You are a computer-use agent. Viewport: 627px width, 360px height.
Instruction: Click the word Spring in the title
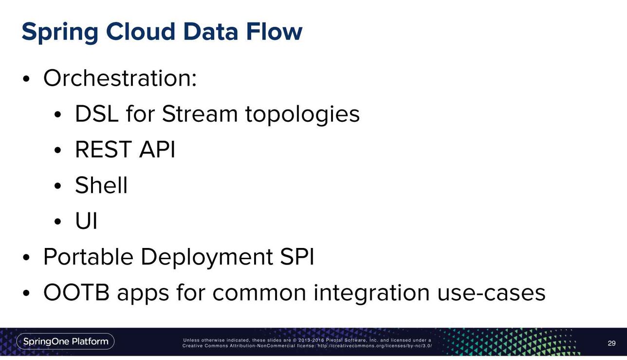pos(60,32)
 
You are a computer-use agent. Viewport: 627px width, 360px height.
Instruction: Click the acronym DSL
pos(97,114)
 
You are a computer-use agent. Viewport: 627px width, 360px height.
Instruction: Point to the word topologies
pos(302,115)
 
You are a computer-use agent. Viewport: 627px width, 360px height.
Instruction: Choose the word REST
pos(104,150)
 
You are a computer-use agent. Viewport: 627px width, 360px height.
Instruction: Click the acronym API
pos(157,150)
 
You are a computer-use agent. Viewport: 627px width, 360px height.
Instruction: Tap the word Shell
pos(101,185)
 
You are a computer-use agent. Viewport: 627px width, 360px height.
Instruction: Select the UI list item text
pos(87,221)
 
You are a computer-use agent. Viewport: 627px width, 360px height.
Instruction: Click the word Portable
pos(89,256)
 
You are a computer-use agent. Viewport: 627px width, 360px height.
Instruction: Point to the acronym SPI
pos(297,256)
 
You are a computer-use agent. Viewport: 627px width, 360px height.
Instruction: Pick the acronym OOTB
pos(76,292)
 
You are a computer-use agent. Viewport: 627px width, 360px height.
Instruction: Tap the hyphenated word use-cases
pos(492,293)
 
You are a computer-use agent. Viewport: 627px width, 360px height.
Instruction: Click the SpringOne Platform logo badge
pos(66,341)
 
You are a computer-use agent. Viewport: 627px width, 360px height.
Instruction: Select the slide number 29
pos(611,343)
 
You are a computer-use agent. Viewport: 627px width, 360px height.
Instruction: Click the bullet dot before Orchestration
pos(26,79)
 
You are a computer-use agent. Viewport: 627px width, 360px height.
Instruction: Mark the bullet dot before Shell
pos(57,186)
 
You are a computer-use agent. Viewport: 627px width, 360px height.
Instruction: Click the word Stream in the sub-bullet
pos(200,114)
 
